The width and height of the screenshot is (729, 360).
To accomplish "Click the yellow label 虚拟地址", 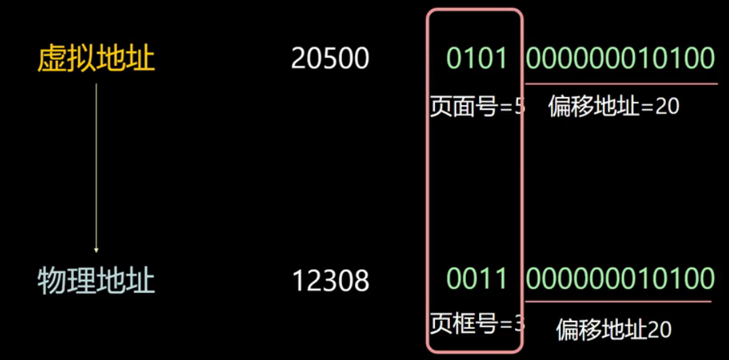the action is pyautogui.click(x=96, y=60).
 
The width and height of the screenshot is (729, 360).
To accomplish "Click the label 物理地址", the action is pyautogui.click(x=96, y=280).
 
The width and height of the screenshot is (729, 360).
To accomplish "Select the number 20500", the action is pyautogui.click(x=330, y=60).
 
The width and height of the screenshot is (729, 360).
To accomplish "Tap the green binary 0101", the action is pyautogui.click(x=477, y=59).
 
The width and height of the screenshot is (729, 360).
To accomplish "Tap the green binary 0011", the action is pyautogui.click(x=477, y=279).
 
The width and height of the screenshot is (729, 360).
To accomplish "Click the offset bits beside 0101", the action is pyautogui.click(x=620, y=59).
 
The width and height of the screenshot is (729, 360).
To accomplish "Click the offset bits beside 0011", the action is pyautogui.click(x=620, y=279).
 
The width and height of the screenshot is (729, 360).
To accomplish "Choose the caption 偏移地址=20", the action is pyautogui.click(x=613, y=106).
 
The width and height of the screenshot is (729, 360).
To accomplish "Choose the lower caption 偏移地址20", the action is pyautogui.click(x=614, y=330).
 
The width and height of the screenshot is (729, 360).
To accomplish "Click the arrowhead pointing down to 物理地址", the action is pyautogui.click(x=96, y=249).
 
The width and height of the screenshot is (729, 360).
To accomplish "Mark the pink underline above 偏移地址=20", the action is pyautogui.click(x=620, y=84).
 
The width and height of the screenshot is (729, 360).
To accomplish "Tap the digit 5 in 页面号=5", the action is pyautogui.click(x=520, y=107).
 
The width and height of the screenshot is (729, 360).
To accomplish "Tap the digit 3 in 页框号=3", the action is pyautogui.click(x=520, y=323).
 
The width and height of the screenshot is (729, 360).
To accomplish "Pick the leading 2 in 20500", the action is pyautogui.click(x=299, y=60).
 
